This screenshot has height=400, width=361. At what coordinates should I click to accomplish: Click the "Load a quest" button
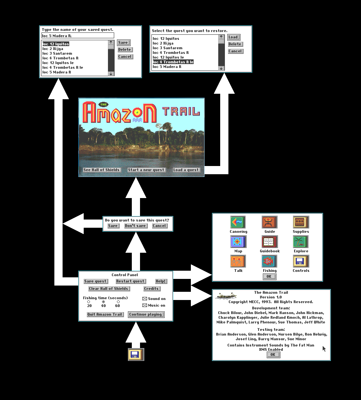pos(186,170)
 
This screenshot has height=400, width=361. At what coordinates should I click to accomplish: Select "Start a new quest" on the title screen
pos(146,170)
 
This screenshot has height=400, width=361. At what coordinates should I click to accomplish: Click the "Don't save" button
pos(135,226)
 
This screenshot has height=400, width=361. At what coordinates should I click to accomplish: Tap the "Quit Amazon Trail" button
pos(105,314)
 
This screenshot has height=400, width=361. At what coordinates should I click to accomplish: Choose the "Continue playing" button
pos(145,314)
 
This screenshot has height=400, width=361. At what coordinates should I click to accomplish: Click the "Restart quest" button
pos(130,281)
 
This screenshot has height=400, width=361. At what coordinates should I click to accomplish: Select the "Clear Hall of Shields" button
pos(108,289)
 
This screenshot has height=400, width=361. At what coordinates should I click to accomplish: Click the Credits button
pos(151,289)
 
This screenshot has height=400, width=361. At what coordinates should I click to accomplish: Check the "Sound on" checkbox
pos(145,299)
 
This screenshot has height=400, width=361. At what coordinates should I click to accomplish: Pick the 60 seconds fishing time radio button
pos(118,302)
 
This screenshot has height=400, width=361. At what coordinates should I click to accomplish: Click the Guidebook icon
pos(269,241)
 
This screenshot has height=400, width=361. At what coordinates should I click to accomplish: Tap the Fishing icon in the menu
pos(269,261)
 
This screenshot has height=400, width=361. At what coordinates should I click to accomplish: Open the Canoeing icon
pos(238,222)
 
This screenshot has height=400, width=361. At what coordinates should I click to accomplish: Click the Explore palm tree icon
pos(301,241)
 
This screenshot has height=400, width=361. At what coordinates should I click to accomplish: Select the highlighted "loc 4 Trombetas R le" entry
pos(173,62)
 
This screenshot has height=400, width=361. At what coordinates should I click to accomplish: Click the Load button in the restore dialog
pos(233,37)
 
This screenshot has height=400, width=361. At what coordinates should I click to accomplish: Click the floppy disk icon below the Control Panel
pos(136,355)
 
